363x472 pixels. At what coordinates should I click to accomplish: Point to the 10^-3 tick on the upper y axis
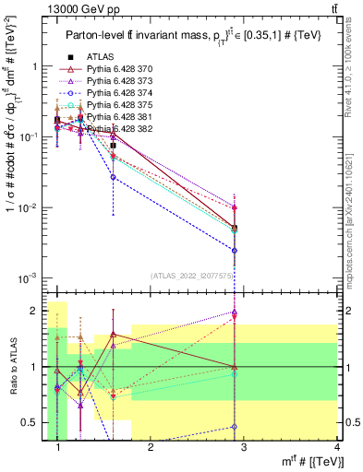30,277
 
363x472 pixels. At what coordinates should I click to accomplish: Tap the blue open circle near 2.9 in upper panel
236,250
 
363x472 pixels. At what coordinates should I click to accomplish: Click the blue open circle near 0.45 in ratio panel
236,427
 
